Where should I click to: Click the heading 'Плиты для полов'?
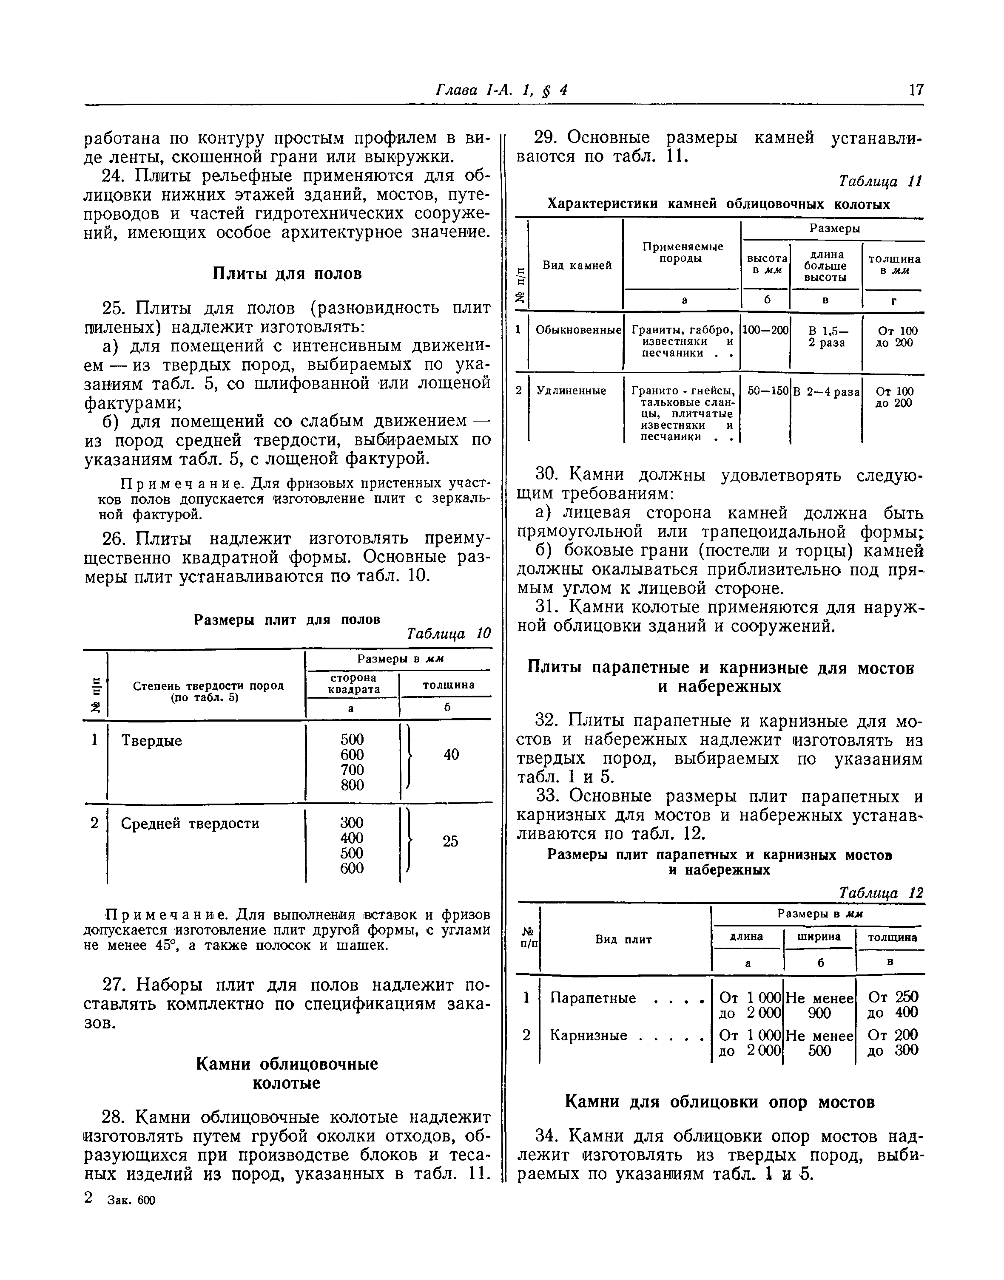point(286,274)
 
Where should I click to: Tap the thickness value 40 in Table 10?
point(451,754)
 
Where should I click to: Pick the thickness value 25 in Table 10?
point(450,841)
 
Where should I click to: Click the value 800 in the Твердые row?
point(352,785)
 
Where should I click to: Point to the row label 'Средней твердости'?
point(190,824)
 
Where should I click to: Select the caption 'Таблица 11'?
point(880,181)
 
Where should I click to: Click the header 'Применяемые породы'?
point(682,252)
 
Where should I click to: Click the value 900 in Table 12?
point(819,1012)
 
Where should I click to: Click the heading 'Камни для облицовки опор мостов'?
point(720,1103)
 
